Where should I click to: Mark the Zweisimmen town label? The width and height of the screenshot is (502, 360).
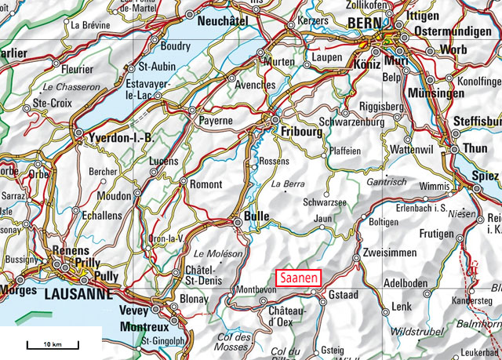coord(389,253)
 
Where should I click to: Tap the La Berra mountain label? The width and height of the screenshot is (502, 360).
coord(287,184)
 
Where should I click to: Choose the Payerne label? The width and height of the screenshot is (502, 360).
coord(216,121)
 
